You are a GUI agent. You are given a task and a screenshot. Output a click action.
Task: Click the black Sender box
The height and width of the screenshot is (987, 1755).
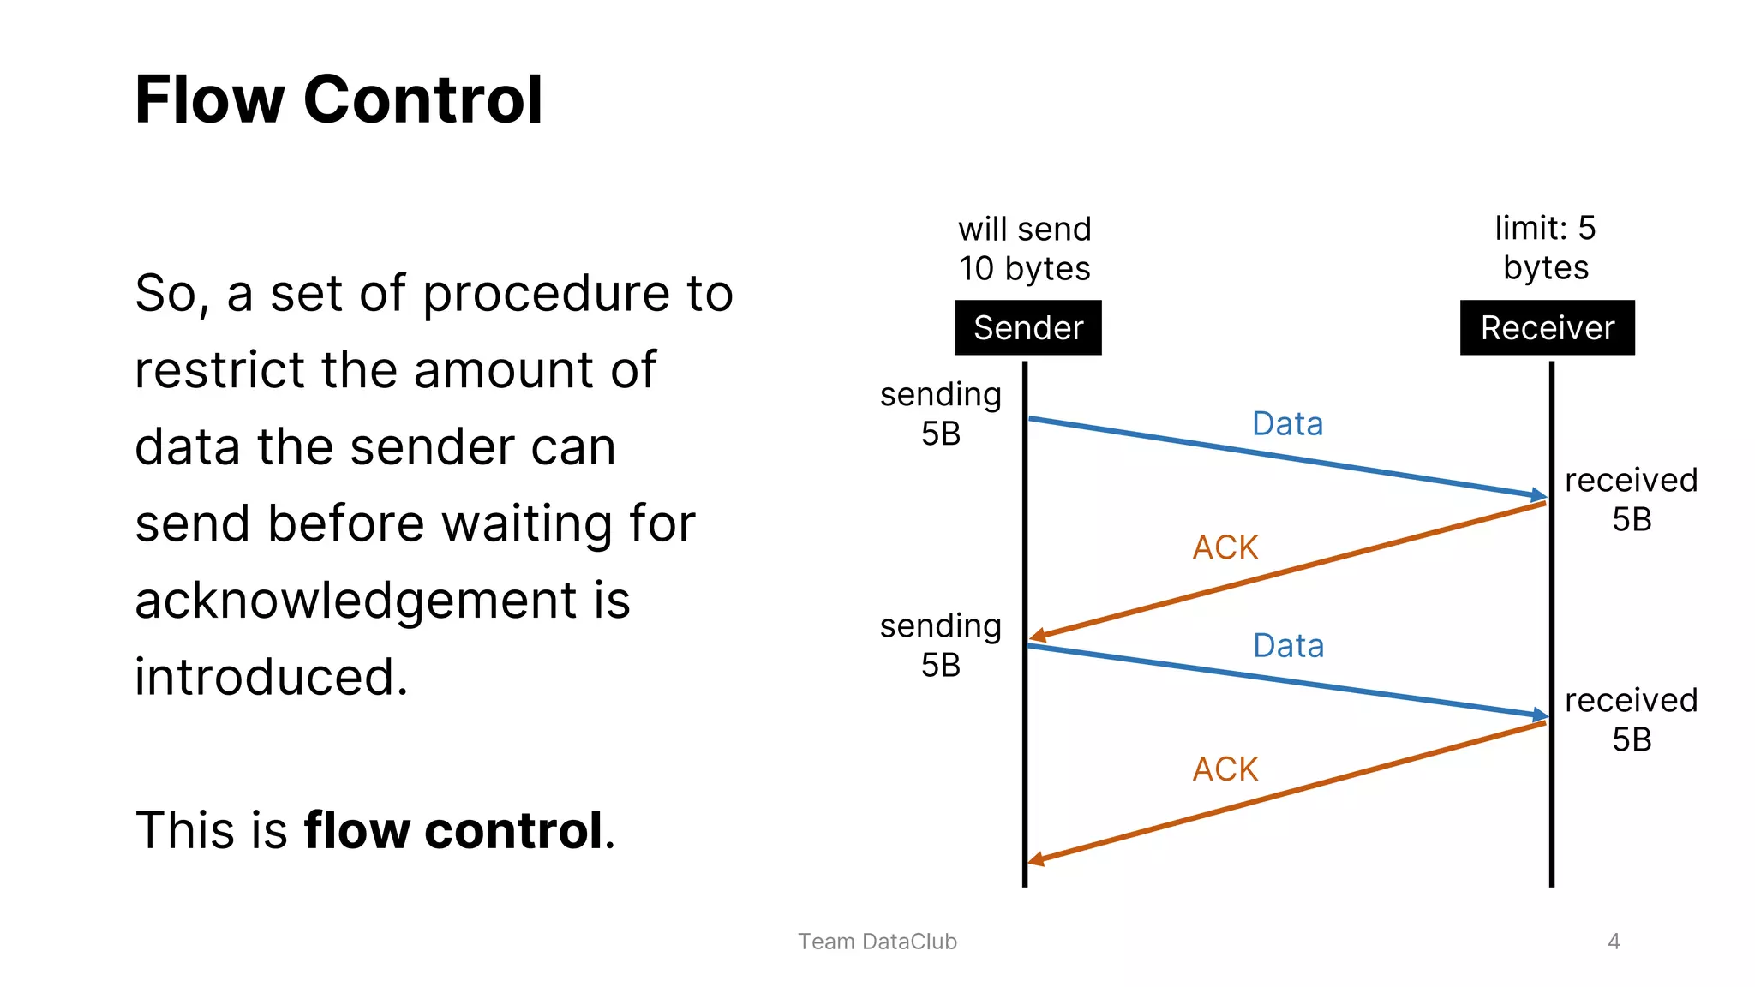point(1027,328)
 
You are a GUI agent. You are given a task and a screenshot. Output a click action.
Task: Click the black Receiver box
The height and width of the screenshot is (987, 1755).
point(1547,328)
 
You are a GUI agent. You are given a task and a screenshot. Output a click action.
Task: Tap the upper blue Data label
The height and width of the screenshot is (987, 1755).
point(1287,424)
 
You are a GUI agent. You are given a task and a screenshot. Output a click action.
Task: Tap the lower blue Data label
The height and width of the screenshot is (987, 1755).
point(1288,646)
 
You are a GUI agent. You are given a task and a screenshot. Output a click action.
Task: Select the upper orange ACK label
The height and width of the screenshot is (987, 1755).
point(1225,547)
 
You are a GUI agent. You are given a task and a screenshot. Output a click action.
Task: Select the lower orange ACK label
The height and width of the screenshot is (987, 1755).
point(1225,769)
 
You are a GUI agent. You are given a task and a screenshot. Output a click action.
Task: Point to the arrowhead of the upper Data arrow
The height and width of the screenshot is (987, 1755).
point(1539,495)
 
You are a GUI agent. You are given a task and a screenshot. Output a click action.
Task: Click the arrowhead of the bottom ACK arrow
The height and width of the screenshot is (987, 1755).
point(1036,858)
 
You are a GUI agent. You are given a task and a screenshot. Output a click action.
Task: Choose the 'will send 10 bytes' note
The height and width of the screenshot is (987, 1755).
point(1024,248)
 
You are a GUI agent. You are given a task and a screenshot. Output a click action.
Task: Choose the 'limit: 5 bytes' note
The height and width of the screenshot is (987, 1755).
point(1545,248)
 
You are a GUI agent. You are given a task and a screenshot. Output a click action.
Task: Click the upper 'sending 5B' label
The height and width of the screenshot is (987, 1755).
point(940,414)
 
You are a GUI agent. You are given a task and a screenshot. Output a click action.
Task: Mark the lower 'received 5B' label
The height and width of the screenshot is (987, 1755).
point(1631,720)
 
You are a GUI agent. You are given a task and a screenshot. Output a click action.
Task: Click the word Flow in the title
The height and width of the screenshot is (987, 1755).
point(209,100)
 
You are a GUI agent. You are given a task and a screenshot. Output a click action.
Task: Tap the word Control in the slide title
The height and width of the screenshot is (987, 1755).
point(422,100)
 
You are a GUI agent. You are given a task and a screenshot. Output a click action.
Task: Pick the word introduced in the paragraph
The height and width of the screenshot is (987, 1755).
point(271,677)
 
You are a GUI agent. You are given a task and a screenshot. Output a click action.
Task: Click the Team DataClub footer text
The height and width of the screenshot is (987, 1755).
point(877,942)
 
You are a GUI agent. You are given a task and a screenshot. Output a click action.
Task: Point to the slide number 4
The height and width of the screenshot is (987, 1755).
point(1614,942)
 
